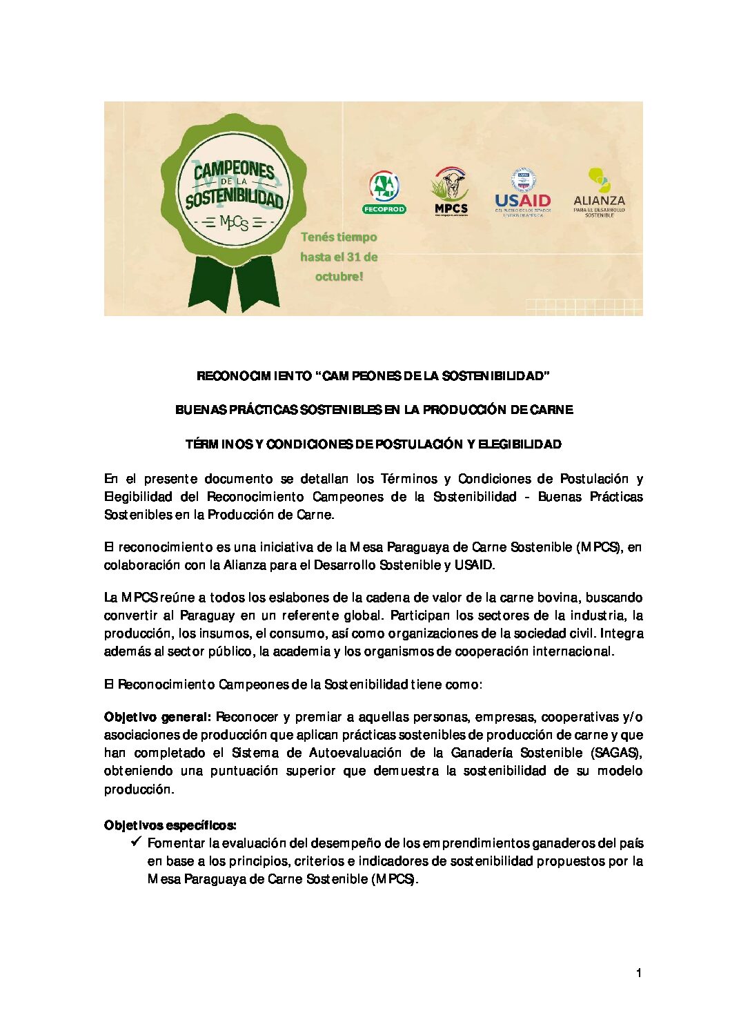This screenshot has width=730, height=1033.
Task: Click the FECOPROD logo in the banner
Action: (384, 193)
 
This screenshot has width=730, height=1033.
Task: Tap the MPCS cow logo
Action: (451, 191)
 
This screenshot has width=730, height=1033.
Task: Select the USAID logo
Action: (522, 193)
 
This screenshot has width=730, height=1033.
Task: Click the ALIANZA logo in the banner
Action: (599, 193)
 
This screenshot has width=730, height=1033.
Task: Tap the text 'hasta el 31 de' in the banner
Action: (339, 257)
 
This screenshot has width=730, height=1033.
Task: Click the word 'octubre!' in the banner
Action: (339, 277)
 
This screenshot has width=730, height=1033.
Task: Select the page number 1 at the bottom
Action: (639, 973)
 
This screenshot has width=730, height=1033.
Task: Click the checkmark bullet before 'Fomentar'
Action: (136, 842)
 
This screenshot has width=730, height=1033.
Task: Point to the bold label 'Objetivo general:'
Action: (157, 717)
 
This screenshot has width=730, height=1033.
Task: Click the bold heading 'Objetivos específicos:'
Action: (170, 825)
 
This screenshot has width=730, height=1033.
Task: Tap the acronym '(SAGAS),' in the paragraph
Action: (617, 753)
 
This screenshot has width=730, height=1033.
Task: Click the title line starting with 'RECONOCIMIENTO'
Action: (373, 376)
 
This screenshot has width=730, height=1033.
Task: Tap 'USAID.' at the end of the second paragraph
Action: (475, 565)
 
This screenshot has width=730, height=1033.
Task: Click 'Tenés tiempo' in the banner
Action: (339, 237)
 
